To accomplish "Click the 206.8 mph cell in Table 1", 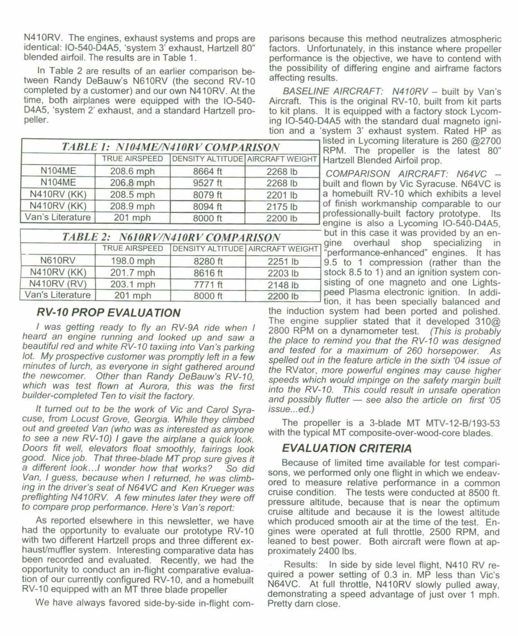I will click(132, 183).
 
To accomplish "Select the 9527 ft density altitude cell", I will click(207, 183).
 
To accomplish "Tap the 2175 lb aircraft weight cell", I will click(282, 206).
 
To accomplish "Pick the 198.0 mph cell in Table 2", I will click(133, 261).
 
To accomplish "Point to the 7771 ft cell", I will click(208, 284).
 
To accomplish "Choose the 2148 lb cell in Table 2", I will click(283, 285).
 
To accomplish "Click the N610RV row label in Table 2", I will click(58, 260).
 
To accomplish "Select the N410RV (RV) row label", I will click(57, 283).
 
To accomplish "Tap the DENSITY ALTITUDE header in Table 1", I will click(208, 159).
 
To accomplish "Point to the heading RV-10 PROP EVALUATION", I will click(108, 312).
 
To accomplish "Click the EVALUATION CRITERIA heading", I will click(346, 448).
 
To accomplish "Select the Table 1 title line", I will click(171, 147).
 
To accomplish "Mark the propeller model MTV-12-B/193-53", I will click(463, 423).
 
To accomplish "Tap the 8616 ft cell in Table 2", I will click(208, 273).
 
